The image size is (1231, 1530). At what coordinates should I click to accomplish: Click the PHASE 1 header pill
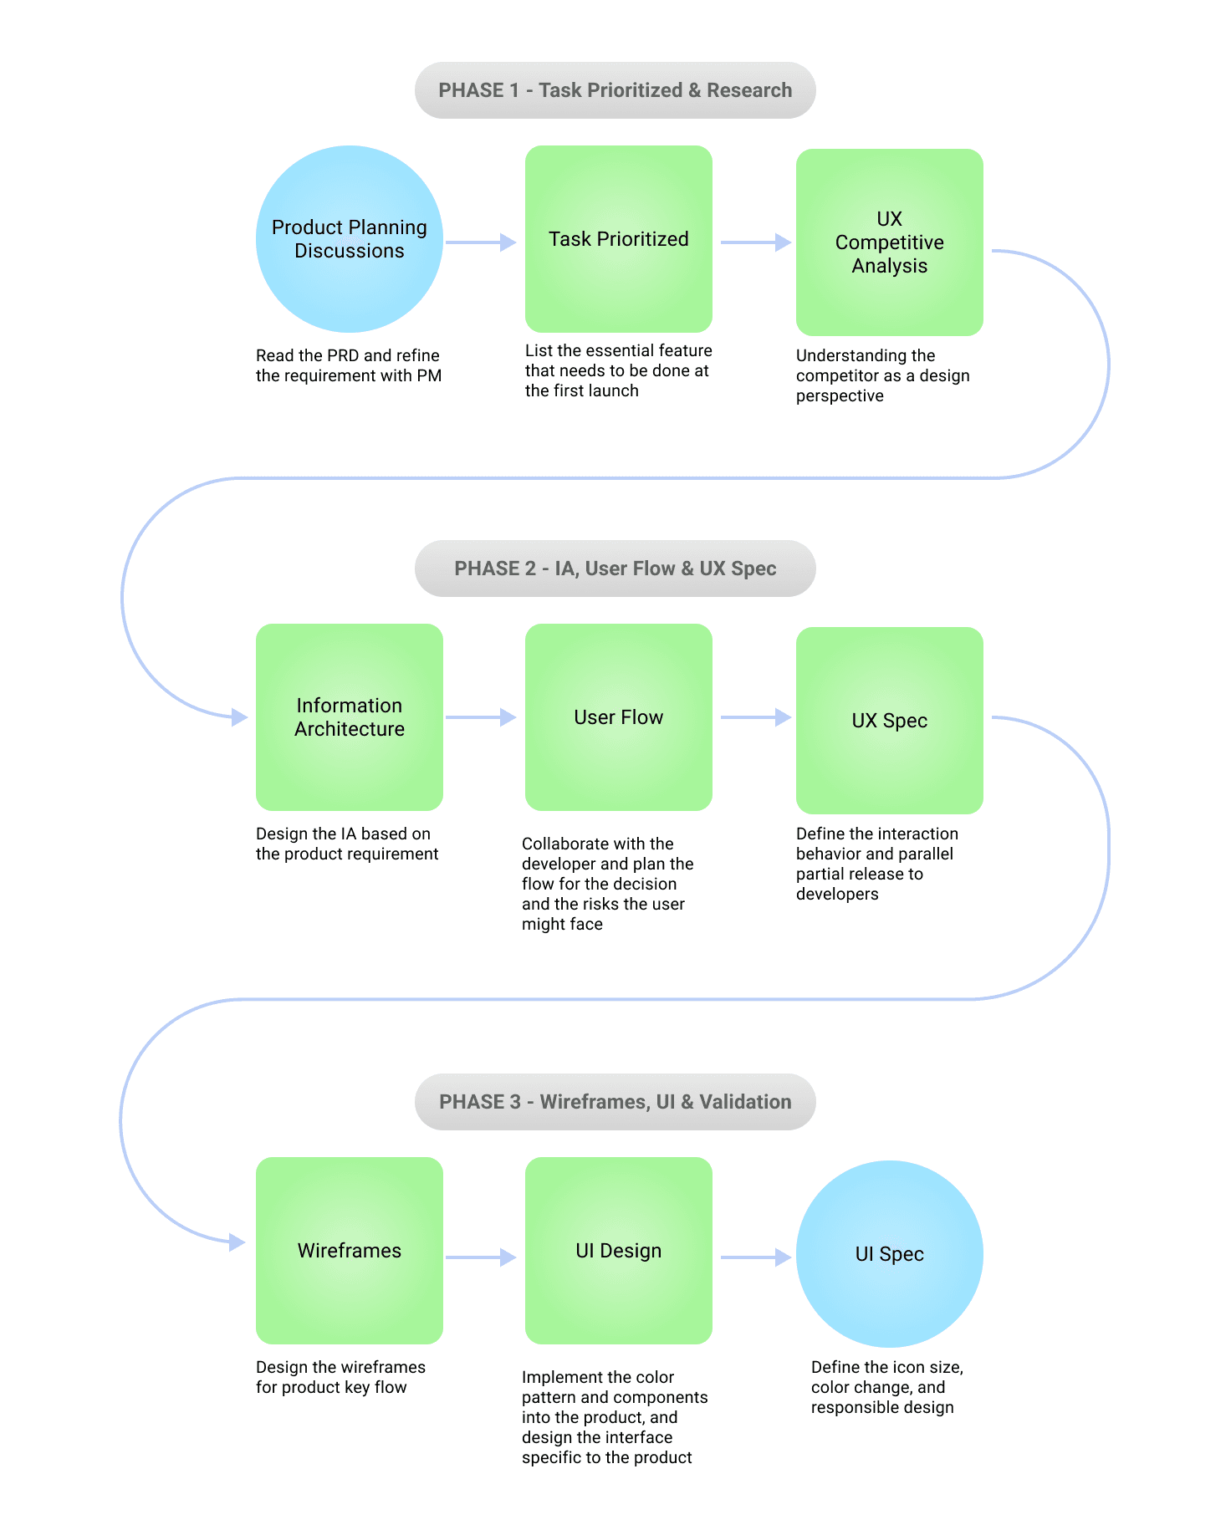[x=615, y=90]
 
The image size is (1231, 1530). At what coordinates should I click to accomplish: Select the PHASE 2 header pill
[x=615, y=569]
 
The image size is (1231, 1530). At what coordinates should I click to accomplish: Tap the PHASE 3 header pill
[x=615, y=1102]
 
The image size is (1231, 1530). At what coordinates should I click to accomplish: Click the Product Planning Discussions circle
[x=350, y=239]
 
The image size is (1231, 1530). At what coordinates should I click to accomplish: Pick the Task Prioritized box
[x=619, y=239]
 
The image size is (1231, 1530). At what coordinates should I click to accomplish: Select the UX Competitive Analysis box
[x=890, y=242]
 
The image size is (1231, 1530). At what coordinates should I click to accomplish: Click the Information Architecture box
[x=350, y=717]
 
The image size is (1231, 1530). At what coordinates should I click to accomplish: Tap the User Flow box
[x=619, y=717]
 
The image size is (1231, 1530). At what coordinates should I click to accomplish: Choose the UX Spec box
[x=890, y=721]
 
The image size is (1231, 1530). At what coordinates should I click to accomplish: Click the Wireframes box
[x=350, y=1251]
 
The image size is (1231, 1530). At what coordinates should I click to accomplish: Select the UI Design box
[x=619, y=1251]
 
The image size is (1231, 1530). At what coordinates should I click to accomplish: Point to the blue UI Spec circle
[x=890, y=1254]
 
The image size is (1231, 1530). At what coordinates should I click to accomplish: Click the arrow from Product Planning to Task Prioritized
[x=481, y=242]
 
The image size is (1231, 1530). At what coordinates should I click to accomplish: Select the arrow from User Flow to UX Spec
[x=755, y=717]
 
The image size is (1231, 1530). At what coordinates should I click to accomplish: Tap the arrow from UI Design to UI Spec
[x=755, y=1257]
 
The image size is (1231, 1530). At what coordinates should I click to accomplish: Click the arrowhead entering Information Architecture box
[x=240, y=717]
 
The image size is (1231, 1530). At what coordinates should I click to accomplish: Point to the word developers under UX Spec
[x=837, y=894]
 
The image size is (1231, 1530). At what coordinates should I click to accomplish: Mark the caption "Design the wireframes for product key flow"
[x=340, y=1377]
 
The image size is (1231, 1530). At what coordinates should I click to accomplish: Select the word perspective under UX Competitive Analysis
[x=840, y=395]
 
